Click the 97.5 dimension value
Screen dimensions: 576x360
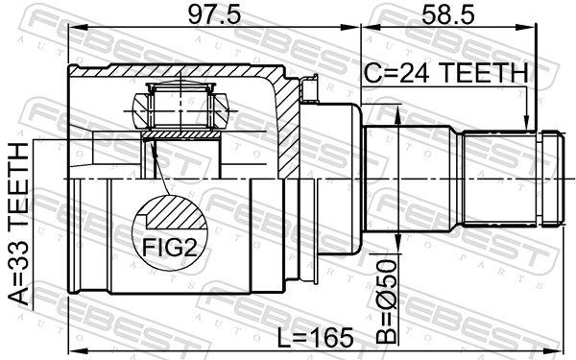tap(214, 15)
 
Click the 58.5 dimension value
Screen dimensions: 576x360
tap(447, 15)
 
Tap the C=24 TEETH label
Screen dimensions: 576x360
tap(446, 72)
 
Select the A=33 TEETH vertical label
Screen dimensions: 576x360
tap(17, 224)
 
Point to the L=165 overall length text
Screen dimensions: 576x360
tap(315, 338)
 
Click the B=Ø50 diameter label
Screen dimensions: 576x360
tap(387, 301)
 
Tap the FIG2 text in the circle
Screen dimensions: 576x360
tap(169, 248)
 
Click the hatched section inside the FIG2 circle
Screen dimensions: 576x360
tap(176, 213)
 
